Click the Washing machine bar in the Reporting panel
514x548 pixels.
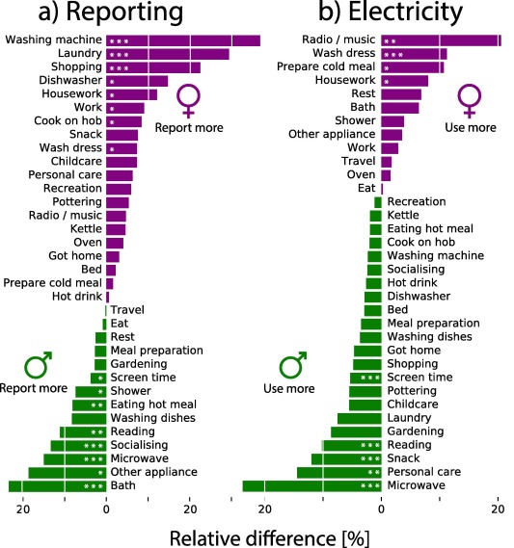[183, 40]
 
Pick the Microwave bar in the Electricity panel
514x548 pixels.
[311, 486]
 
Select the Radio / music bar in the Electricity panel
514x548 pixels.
[441, 40]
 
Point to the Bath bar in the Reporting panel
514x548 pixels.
[58, 486]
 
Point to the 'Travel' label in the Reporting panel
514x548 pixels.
[127, 310]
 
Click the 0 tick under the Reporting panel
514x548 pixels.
[106, 511]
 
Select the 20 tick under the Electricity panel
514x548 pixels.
[498, 511]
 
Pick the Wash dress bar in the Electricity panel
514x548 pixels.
[414, 54]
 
